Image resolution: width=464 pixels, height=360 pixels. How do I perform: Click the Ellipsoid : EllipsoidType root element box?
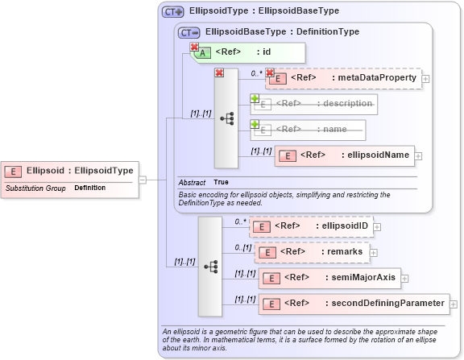(70, 171)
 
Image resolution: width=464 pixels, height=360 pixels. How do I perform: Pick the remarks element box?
(313, 252)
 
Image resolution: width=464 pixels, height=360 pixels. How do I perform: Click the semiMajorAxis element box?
(329, 278)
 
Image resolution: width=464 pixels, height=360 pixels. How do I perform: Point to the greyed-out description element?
(315, 104)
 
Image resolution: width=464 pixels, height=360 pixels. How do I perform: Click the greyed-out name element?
(308, 130)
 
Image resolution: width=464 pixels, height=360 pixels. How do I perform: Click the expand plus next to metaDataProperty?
(426, 79)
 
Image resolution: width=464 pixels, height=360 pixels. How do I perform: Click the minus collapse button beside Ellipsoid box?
(143, 180)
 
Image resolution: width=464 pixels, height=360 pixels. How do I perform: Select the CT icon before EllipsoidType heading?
(173, 12)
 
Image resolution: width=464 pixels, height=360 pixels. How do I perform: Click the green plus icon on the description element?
(255, 98)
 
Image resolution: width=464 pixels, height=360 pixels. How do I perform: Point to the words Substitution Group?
(35, 188)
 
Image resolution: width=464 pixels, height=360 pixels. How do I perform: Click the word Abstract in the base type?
(192, 183)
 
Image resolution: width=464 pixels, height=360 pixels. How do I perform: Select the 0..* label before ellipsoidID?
(239, 221)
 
